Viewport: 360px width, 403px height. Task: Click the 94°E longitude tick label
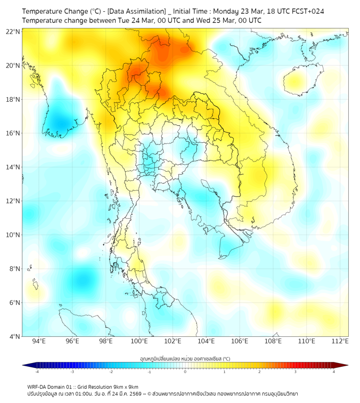39,341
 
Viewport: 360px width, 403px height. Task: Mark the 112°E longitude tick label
340,341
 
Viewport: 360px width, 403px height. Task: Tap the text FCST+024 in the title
306,11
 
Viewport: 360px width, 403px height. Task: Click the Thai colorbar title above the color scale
185,359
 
